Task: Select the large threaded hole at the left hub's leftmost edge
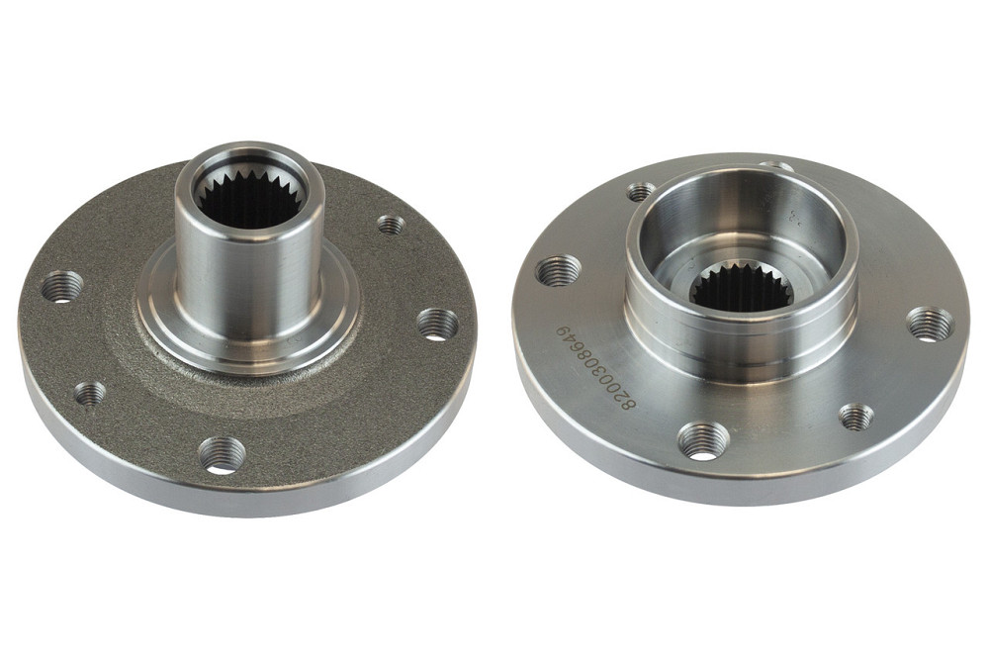(62, 287)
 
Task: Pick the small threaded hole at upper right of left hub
(391, 224)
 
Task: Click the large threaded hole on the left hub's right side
(437, 325)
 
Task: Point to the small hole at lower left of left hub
(90, 394)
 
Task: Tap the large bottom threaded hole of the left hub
(222, 454)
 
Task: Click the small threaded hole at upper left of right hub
(642, 191)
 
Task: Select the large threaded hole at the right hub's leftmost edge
(558, 271)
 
